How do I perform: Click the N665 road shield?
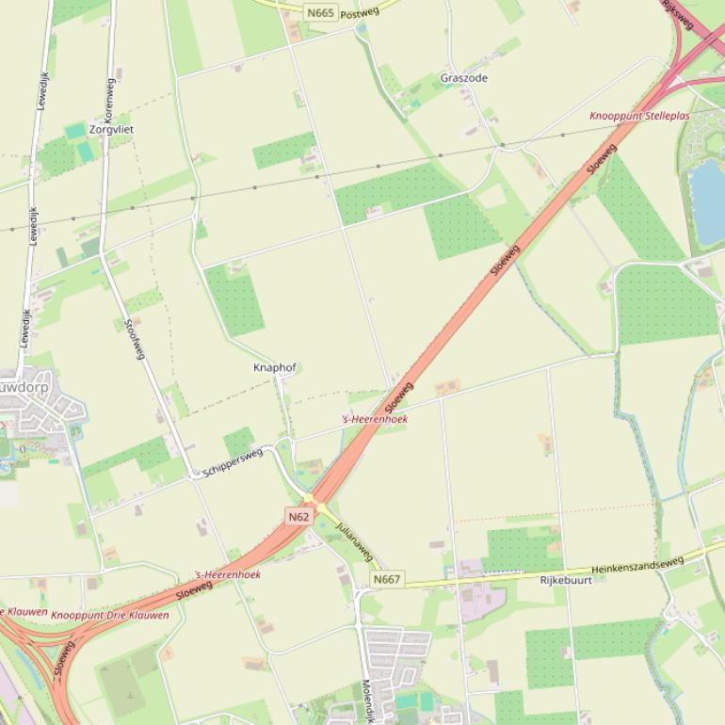[320, 12]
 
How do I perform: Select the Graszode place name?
[464, 78]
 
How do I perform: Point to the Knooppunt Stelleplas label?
[639, 116]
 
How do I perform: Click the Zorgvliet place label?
[111, 129]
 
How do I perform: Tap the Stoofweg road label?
[136, 338]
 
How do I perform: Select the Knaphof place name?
[274, 367]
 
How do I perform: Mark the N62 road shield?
[298, 517]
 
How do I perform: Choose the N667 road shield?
[386, 579]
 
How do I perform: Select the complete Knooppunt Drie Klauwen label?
[110, 615]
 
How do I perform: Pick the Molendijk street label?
[367, 701]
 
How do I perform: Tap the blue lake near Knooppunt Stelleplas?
[708, 198]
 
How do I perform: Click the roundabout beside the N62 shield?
[308, 499]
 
